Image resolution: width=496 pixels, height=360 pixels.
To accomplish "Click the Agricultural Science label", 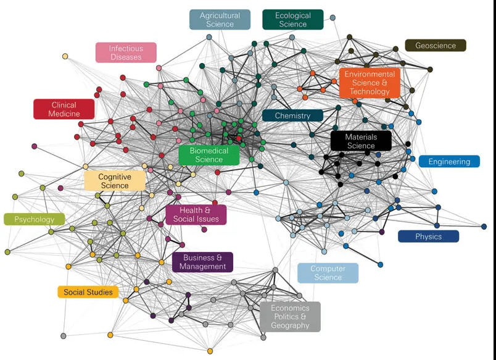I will (x=220, y=20).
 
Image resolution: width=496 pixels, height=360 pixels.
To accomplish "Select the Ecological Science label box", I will (x=292, y=20).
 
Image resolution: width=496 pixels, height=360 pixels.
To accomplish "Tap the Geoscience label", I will (x=436, y=46).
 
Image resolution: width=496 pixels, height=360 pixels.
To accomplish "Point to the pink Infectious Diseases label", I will (x=126, y=52).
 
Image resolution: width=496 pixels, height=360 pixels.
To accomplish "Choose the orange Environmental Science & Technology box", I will (x=370, y=83).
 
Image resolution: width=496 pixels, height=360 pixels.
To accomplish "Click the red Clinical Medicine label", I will (x=64, y=109).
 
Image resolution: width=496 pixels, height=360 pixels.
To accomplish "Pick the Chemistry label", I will (x=292, y=115).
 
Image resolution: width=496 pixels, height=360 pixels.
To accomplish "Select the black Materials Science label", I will (x=361, y=141).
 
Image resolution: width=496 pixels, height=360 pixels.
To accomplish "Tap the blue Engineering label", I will (x=449, y=162).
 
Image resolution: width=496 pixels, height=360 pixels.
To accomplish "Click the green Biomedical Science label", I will (x=209, y=155).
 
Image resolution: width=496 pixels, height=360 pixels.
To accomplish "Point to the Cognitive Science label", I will (x=115, y=181).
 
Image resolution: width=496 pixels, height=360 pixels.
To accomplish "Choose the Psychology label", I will (x=35, y=219).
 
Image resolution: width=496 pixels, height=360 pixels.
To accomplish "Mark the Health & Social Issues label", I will (x=196, y=214).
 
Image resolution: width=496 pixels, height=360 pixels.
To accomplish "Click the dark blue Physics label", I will (x=428, y=237).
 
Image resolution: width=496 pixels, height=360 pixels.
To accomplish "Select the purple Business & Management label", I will (x=203, y=262).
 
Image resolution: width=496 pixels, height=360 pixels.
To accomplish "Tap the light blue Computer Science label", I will (x=328, y=273).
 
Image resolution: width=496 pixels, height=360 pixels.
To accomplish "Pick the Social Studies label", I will (x=88, y=292).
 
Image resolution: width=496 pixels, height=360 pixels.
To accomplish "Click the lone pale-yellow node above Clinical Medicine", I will (x=65, y=57).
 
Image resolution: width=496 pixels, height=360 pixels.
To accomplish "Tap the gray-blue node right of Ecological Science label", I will (x=333, y=17).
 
